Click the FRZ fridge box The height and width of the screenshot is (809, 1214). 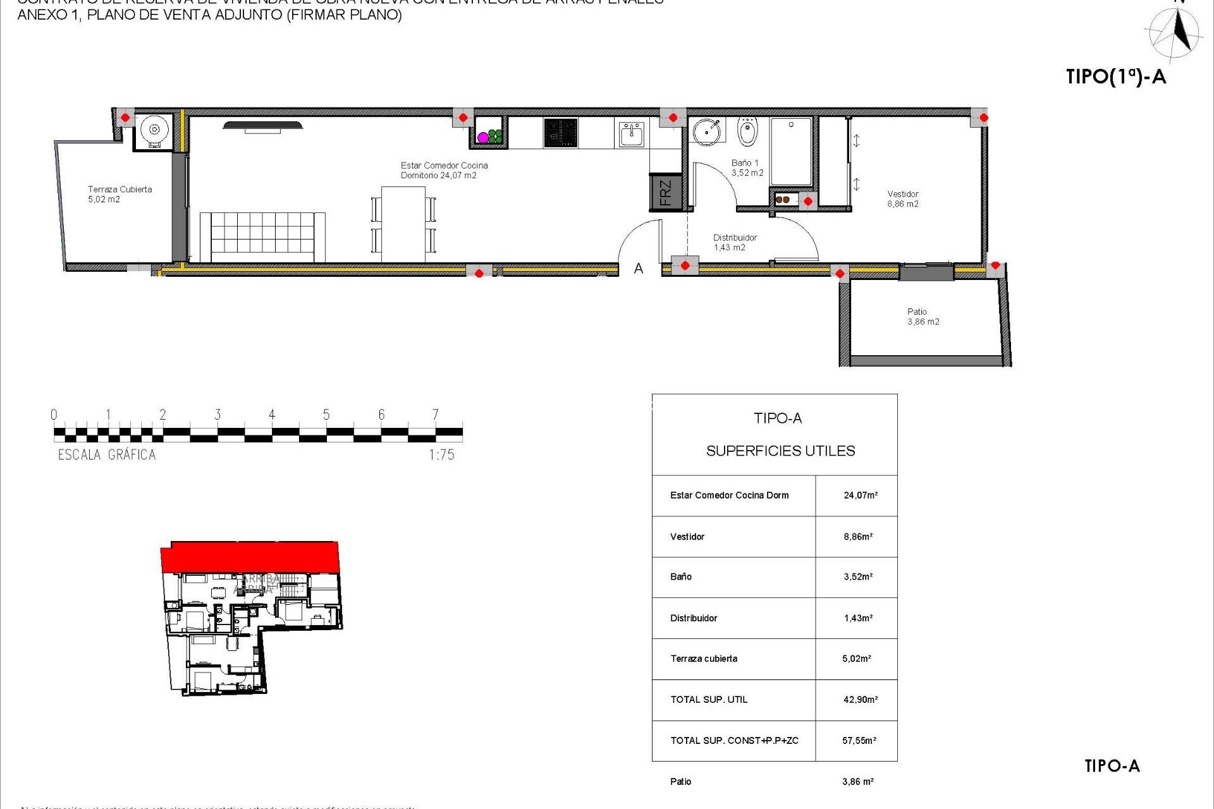point(665,192)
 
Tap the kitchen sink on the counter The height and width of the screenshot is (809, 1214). point(630,134)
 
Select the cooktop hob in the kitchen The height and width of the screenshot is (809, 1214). point(560,133)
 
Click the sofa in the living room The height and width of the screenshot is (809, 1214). point(262,236)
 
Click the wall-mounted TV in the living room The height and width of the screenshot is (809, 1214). point(262,126)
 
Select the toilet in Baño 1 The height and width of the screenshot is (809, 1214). point(747,131)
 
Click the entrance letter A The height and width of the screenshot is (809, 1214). point(639,269)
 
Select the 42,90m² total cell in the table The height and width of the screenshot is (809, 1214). point(860,700)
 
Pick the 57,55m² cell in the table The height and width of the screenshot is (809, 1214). point(859,741)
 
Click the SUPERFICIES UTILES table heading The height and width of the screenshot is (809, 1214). point(780,451)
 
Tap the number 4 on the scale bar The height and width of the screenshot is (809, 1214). point(272,415)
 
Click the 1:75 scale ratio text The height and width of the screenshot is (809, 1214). point(441,454)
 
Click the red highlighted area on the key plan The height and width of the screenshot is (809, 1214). point(250,557)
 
